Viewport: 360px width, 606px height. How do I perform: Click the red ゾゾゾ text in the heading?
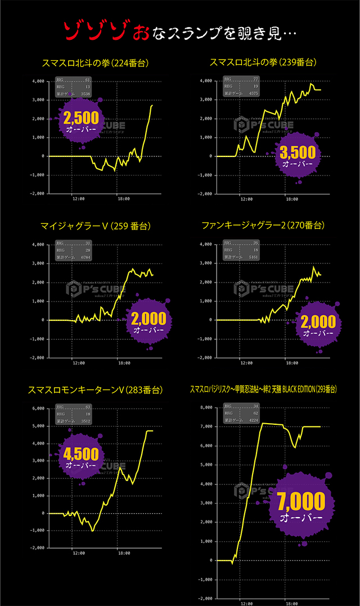point(89,32)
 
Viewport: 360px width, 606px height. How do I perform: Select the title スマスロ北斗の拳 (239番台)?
point(263,62)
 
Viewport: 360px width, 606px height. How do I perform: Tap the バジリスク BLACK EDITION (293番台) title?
point(263,389)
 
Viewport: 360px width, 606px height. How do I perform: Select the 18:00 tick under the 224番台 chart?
point(121,199)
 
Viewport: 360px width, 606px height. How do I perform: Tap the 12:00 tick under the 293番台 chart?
point(245,603)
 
